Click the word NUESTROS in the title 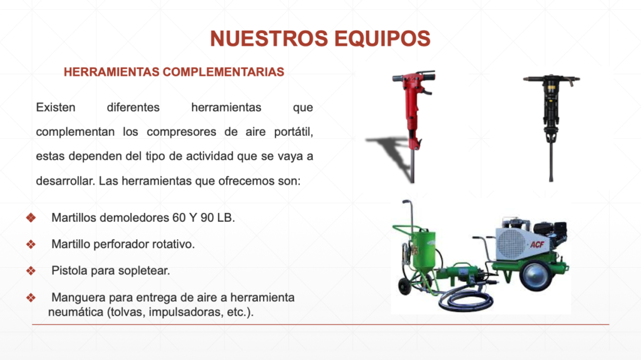(269, 38)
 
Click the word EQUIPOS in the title (382, 38)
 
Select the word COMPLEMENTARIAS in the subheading (223, 72)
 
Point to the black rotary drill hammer (551, 123)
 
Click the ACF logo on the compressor (536, 245)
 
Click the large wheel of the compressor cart (536, 277)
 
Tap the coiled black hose (466, 301)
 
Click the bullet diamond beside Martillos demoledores (31, 218)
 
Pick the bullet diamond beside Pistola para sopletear (31, 271)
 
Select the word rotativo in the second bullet (173, 244)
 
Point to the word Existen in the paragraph (56, 108)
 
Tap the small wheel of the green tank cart (405, 286)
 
